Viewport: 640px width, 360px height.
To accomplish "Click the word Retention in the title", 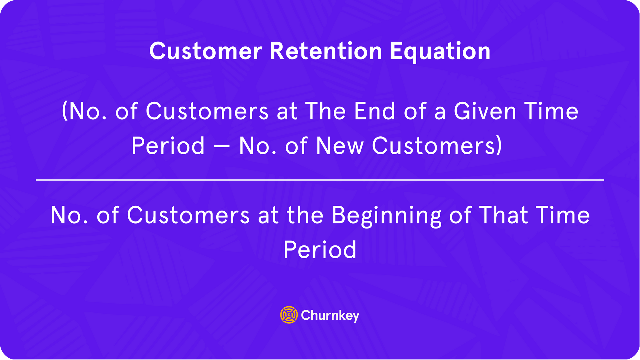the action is (x=326, y=51).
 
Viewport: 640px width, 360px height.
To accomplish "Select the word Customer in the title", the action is (x=206, y=51).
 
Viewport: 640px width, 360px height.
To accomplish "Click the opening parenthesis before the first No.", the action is (x=65, y=111).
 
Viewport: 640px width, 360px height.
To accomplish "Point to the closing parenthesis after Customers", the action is (x=499, y=146).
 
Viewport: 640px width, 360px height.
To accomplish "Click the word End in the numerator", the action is (x=375, y=111).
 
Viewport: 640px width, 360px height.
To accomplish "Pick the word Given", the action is (x=485, y=111).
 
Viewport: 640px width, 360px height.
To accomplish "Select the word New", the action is (x=340, y=146).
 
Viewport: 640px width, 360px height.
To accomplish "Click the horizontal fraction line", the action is (x=320, y=180).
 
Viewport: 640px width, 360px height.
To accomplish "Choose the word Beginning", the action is (x=386, y=216).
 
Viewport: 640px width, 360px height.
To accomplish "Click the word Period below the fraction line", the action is (x=320, y=250).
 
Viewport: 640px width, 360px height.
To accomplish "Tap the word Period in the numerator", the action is (x=168, y=146).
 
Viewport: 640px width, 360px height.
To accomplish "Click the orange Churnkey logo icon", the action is (x=289, y=315).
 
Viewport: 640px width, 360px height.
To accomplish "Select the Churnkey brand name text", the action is (x=330, y=316).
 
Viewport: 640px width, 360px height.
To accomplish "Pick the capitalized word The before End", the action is (x=326, y=111).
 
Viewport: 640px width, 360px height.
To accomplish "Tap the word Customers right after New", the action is (x=434, y=146).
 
